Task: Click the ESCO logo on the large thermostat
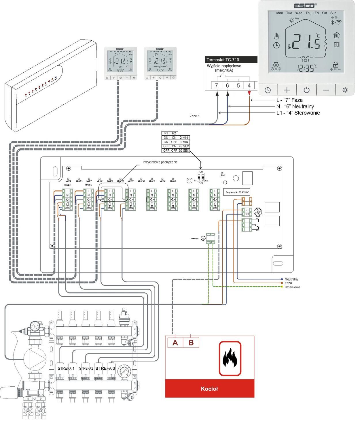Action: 305,6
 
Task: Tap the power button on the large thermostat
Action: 306,90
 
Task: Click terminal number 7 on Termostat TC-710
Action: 216,86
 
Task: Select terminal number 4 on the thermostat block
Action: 249,86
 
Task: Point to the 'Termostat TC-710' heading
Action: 223,60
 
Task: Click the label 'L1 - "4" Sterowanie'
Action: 298,113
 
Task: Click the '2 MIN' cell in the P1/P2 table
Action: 184,138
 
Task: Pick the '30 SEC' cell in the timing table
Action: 184,151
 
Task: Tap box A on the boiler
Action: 175,343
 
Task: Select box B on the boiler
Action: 191,343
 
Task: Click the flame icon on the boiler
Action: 230,358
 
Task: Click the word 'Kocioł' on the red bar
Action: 209,389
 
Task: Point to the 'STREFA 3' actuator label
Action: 105,368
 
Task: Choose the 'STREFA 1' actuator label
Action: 66,368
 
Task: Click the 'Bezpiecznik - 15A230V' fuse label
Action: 237,192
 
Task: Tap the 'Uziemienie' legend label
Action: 292,287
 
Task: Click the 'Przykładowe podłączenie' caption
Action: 160,162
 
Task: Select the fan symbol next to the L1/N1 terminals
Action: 258,212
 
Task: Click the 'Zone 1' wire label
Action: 194,116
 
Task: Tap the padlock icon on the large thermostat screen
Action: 335,64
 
